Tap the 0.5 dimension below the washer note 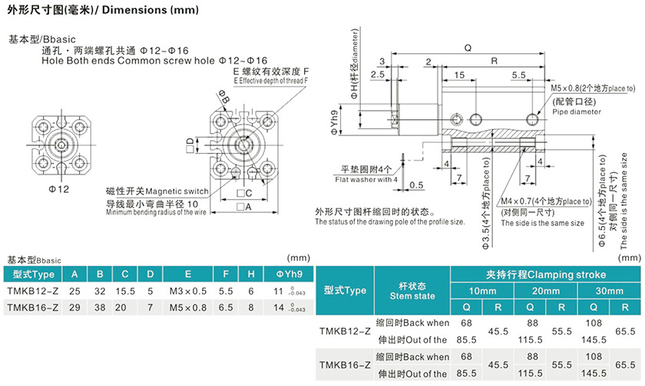point(417,185)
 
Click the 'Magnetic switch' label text point(157,191)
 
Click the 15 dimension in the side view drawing point(458,75)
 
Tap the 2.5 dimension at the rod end point(377,75)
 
